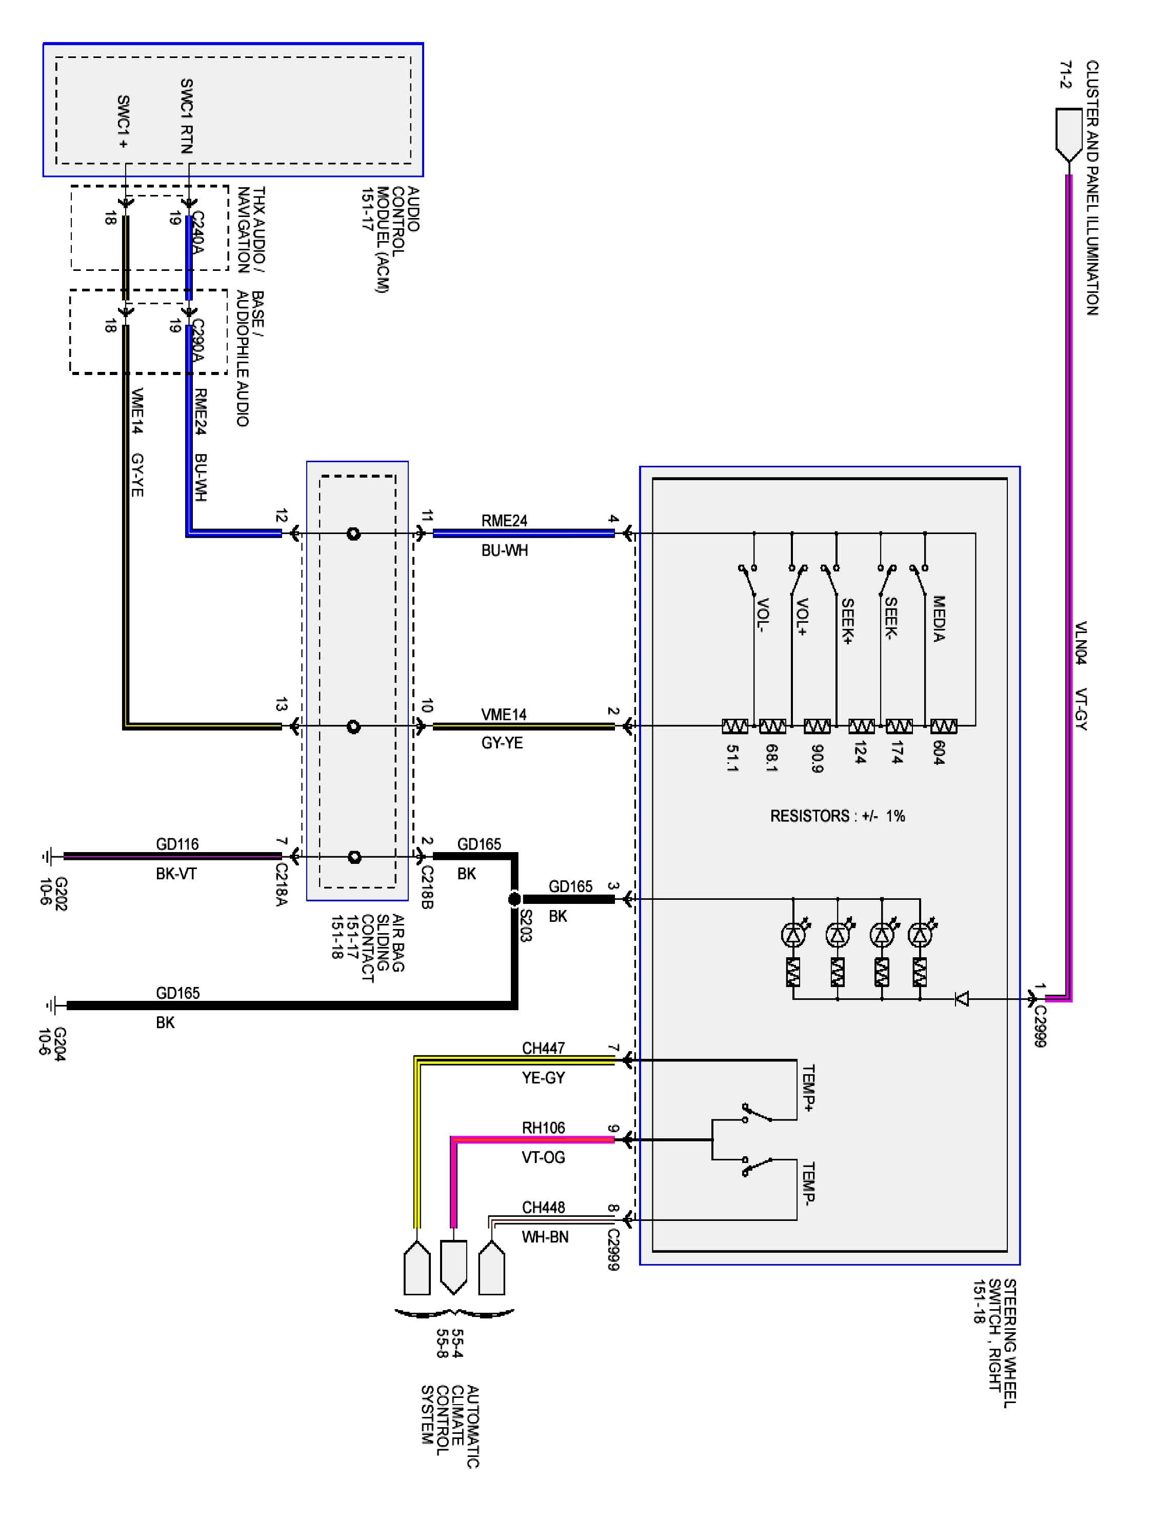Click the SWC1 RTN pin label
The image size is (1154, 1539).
[x=186, y=115]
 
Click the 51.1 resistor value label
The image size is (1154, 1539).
[x=732, y=758]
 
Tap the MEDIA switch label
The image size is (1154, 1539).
[x=939, y=619]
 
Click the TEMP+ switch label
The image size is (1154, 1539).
[x=808, y=1088]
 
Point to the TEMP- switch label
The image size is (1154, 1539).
[x=808, y=1183]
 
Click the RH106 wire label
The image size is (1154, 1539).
[x=543, y=1128]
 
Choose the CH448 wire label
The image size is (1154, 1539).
[x=543, y=1207]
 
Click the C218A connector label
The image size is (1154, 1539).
[x=281, y=884]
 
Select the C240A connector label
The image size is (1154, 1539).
[x=197, y=232]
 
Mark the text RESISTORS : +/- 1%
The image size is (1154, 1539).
[x=837, y=816]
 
